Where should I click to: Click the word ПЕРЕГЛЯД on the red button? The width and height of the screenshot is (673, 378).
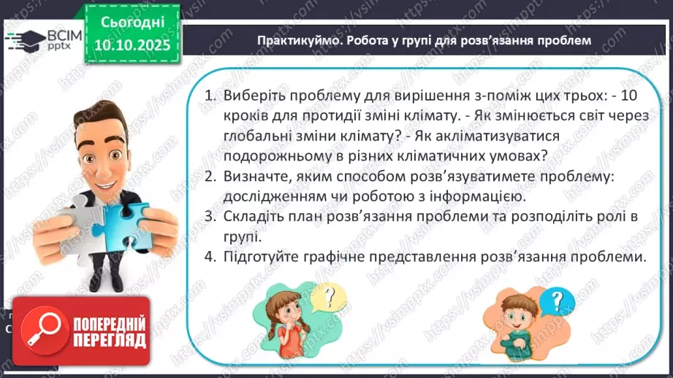pos(107,339)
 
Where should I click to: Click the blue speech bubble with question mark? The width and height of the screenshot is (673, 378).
pos(558,298)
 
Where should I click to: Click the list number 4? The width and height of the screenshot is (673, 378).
pos(210,258)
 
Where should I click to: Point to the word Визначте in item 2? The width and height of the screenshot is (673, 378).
pos(256,177)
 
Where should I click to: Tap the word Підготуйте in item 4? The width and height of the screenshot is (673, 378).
pos(264,258)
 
